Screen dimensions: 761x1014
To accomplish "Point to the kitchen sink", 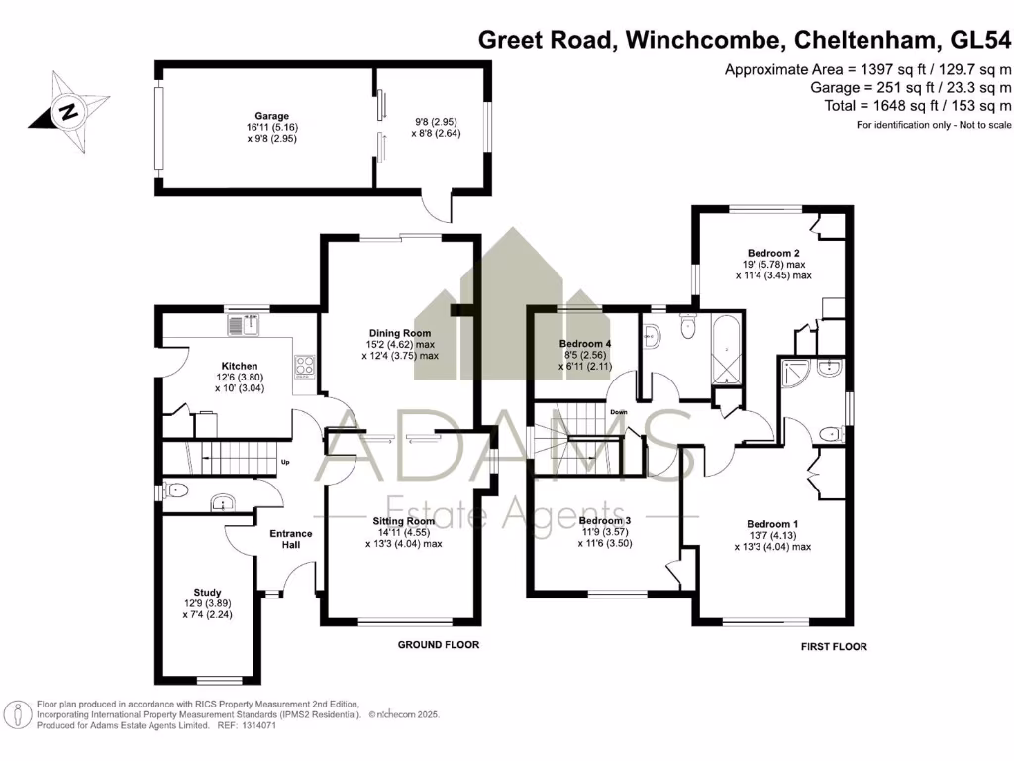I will click(x=249, y=322).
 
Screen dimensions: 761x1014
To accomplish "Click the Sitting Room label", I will click(x=403, y=520).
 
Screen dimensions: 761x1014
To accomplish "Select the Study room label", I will click(x=208, y=592).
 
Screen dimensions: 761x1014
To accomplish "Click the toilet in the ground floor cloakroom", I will click(x=175, y=489).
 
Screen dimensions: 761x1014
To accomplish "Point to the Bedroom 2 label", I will click(x=773, y=253).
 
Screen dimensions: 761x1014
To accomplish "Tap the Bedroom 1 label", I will click(x=772, y=524).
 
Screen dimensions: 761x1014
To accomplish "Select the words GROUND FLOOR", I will click(x=438, y=645).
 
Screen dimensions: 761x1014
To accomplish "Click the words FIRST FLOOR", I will click(x=833, y=647).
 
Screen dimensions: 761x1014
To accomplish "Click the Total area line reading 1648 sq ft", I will click(x=910, y=105).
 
